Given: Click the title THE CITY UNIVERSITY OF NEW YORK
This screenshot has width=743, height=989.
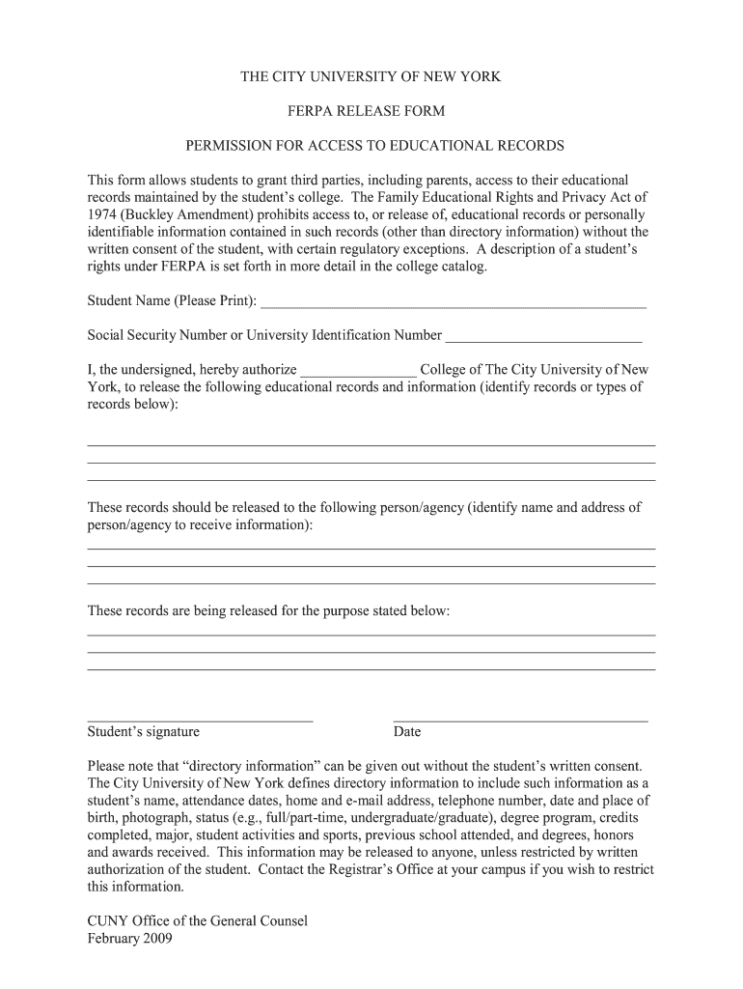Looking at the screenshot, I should (371, 76).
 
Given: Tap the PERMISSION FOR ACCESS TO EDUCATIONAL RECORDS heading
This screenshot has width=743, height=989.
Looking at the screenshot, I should (374, 146).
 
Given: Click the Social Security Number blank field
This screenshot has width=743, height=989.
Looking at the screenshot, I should (543, 338).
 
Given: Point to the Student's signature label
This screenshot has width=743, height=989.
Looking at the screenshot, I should (144, 732).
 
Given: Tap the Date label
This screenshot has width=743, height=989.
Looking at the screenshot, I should (406, 732).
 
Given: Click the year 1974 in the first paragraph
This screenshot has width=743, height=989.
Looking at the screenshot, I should (102, 214).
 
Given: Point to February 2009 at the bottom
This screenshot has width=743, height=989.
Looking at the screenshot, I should (129, 938).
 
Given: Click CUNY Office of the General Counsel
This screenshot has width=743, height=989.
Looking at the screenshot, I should (197, 920).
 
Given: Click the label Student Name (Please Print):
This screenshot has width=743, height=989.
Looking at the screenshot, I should (173, 301).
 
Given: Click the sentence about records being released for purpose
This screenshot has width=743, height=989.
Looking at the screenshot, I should (268, 611).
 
